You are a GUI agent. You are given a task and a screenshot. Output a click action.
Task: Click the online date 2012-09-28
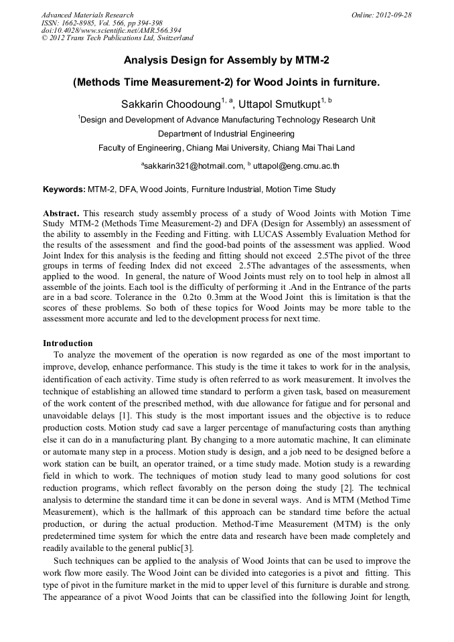coord(392,14)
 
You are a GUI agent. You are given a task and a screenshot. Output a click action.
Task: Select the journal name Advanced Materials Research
coord(87,14)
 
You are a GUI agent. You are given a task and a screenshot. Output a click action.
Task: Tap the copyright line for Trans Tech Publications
coord(117,38)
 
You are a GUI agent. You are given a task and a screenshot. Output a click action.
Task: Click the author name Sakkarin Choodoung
coord(171,104)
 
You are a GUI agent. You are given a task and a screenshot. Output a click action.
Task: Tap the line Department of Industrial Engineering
coord(226,133)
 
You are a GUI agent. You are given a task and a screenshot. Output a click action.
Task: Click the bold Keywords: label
coord(64,189)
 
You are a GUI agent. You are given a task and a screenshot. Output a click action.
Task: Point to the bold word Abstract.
coord(62,212)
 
